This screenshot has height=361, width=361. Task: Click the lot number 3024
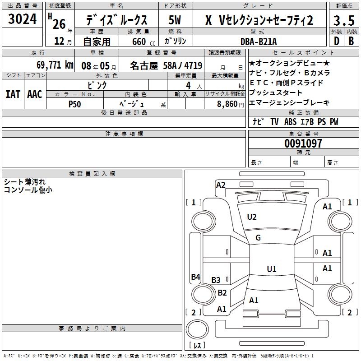coord(23,19)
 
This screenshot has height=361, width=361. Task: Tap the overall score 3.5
coord(343,21)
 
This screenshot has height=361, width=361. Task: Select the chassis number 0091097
coord(303,144)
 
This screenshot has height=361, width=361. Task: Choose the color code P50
coord(75,104)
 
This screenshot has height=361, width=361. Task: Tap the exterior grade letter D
coord(336,41)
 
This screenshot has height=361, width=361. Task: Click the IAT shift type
coord(13,94)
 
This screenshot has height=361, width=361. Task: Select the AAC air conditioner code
coord(35,94)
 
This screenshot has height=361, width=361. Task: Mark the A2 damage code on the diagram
coord(221,185)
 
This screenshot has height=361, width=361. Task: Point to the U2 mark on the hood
coord(252,217)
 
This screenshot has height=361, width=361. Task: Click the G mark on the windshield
coord(258,238)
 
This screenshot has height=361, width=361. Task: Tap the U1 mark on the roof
coord(271,269)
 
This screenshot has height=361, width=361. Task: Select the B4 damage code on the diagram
coord(195,277)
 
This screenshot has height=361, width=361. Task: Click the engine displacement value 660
coord(139,42)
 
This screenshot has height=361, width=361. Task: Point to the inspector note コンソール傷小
coord(28,190)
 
